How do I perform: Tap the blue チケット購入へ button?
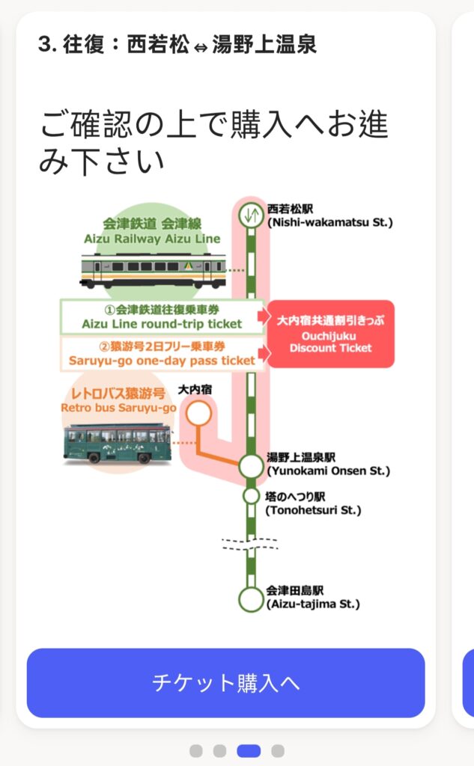click(x=225, y=682)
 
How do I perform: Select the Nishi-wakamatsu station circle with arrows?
click(x=251, y=215)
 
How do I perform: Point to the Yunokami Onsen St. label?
click(x=328, y=465)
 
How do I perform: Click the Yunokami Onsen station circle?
click(x=251, y=465)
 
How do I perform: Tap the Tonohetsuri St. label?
click(x=313, y=503)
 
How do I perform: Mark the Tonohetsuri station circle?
click(x=251, y=495)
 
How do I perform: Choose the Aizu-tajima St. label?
click(x=312, y=597)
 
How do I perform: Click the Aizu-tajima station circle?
click(x=251, y=598)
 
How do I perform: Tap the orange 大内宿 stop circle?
click(x=198, y=413)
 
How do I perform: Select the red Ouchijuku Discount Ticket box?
click(x=330, y=334)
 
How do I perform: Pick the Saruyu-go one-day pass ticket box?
click(x=162, y=353)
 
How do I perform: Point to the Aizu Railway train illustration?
click(x=153, y=270)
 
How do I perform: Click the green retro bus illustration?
click(x=118, y=444)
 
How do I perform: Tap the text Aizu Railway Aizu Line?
click(x=152, y=231)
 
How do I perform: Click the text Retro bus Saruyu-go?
click(x=118, y=400)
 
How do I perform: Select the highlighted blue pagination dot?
click(x=249, y=750)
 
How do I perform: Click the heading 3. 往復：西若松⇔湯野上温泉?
click(x=177, y=44)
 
